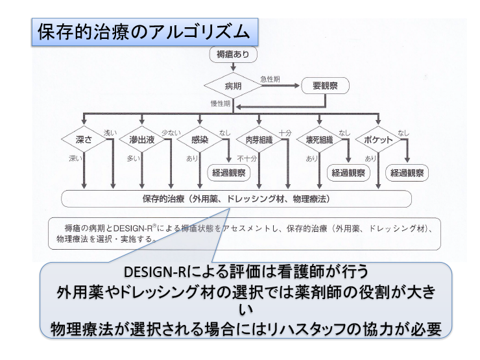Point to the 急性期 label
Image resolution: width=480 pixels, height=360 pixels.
[270, 79]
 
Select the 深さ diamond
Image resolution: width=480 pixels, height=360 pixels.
[83, 139]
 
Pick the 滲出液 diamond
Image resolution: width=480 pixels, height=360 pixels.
[141, 139]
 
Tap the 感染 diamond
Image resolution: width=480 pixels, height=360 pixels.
[200, 139]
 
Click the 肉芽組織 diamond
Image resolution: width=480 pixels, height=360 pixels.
[258, 139]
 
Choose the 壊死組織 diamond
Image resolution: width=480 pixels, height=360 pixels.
[318, 139]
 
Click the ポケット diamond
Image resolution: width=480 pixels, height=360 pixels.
[377, 139]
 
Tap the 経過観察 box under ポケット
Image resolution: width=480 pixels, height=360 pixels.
[407, 173]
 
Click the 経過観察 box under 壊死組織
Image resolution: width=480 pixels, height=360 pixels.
[348, 173]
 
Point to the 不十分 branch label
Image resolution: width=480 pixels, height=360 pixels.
[246, 158]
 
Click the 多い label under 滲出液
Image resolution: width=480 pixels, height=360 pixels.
[132, 158]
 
